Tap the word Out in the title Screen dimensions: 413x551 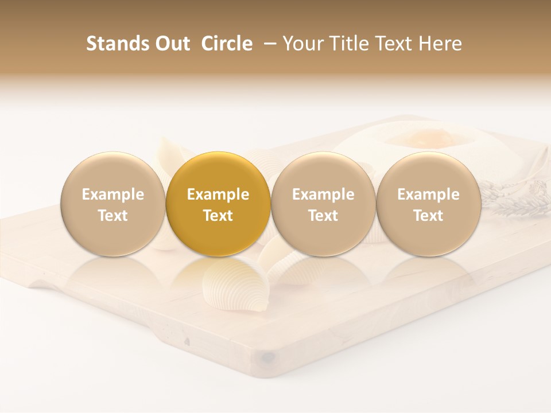pos(171,44)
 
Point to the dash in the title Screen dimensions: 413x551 pos(267,44)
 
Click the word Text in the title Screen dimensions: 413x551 pos(393,44)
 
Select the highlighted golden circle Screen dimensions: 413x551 pos(218,204)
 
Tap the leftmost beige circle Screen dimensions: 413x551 pos(112,204)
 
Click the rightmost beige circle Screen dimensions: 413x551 pos(428,204)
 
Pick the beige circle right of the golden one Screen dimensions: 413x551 pos(323,204)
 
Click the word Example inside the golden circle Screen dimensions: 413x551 pos(218,194)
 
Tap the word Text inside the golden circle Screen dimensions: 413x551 pos(218,216)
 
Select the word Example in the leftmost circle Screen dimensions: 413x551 pos(112,194)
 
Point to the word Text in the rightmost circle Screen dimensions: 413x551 pos(428,216)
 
